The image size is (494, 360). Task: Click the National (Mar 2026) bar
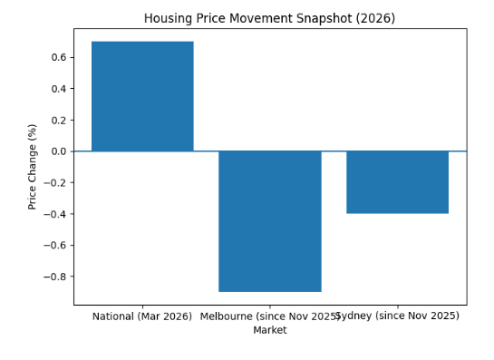[142, 96]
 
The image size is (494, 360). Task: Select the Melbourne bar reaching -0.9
[270, 221]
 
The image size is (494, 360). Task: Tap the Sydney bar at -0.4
[397, 182]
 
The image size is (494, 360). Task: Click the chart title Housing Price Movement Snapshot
[269, 18]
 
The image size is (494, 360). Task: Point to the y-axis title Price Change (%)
[33, 167]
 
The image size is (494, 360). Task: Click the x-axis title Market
[269, 330]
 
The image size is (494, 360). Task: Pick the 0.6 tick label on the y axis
[57, 57]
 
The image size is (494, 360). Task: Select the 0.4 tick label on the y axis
[57, 89]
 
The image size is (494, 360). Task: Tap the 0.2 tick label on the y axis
[57, 120]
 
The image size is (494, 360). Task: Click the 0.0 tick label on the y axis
[57, 151]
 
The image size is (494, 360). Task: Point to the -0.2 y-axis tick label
[54, 183]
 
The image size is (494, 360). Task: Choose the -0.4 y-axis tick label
[54, 214]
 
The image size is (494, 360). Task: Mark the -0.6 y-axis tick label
[54, 246]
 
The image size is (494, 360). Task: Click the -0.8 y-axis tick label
[54, 277]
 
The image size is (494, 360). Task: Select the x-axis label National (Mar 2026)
[142, 316]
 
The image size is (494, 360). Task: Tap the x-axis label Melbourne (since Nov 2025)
[269, 316]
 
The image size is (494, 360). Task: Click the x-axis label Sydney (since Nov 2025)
[398, 316]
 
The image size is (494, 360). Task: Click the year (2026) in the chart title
[376, 18]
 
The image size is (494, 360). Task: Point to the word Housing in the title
[169, 18]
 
